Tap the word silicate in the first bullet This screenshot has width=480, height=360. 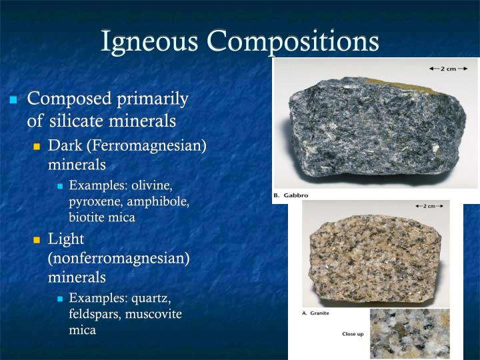[x=79, y=121]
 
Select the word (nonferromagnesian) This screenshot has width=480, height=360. [x=119, y=257]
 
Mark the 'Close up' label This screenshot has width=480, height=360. [x=353, y=333]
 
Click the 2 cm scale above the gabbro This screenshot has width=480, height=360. [x=443, y=68]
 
